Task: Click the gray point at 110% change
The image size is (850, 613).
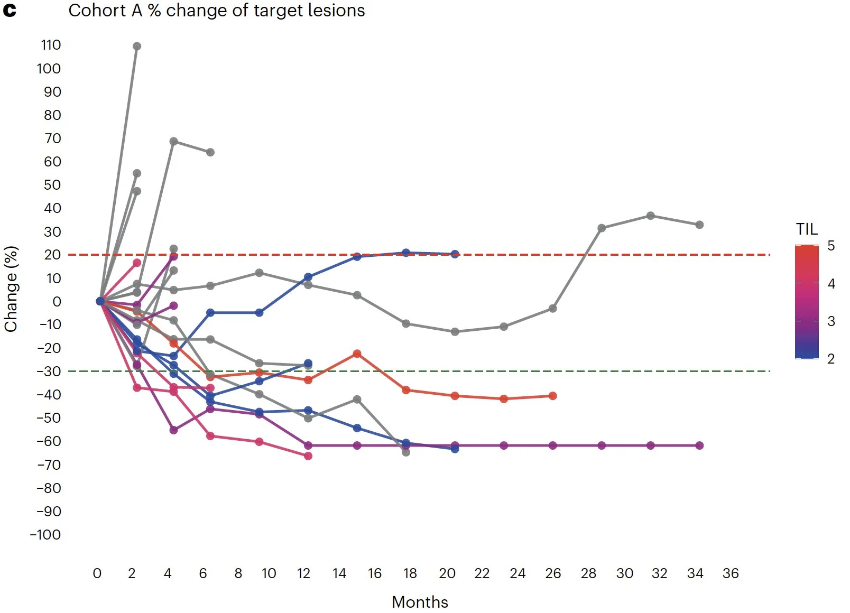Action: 137,47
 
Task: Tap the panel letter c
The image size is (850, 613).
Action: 10,11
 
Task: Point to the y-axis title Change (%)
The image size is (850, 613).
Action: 11,289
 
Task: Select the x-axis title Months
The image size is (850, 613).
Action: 420,602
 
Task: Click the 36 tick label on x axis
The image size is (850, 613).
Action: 731,573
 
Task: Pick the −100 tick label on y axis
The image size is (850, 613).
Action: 45,535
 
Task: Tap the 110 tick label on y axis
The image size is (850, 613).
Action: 51,45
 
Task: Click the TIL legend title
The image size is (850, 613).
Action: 807,229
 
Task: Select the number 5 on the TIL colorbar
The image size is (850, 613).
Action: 831,246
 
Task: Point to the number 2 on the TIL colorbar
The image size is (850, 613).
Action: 831,359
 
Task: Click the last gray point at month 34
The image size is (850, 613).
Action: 699,225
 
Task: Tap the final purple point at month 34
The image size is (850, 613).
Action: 699,445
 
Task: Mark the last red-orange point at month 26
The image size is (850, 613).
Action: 552,396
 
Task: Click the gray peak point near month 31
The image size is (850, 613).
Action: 651,216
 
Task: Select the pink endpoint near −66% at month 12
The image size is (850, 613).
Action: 308,456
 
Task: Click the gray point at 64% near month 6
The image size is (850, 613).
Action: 210,152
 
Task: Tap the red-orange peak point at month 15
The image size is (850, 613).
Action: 357,354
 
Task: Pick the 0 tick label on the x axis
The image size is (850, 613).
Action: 97,573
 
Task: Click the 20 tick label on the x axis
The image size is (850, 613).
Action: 447,573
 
